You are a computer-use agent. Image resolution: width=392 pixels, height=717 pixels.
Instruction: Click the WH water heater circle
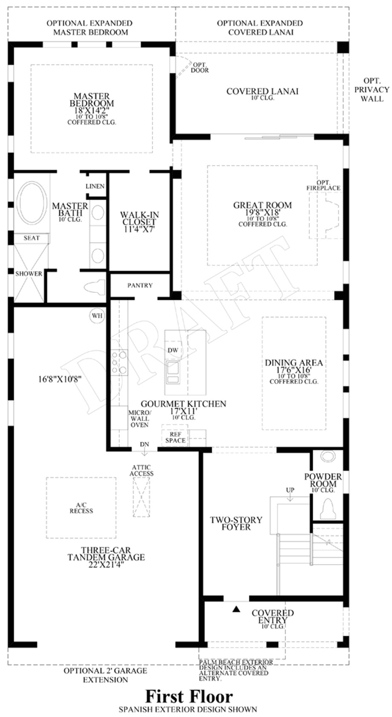tap(97, 316)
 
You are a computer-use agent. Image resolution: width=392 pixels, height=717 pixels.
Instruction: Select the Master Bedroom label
tap(92, 100)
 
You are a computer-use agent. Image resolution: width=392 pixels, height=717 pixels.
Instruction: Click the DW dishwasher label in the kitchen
tap(173, 350)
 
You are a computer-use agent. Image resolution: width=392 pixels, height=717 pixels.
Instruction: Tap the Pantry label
tap(140, 285)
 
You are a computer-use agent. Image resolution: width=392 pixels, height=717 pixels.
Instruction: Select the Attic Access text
tap(142, 470)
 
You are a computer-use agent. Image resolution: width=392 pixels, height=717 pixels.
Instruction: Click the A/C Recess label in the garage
tap(81, 508)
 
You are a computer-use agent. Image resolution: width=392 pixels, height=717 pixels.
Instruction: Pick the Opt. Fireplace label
tap(323, 185)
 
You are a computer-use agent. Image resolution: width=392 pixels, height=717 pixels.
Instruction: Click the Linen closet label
tap(95, 186)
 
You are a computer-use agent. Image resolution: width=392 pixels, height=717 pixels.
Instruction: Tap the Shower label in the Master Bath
tap(29, 274)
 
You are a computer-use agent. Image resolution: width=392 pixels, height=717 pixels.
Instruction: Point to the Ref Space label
tap(175, 437)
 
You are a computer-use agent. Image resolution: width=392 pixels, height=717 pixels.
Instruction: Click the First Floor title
tap(189, 697)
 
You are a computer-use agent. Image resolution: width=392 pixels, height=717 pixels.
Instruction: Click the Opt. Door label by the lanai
tap(199, 67)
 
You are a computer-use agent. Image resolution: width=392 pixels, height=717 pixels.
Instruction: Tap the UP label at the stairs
tap(290, 490)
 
